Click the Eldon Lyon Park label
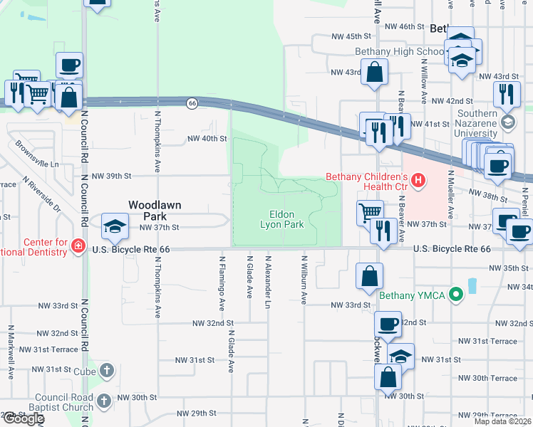click(x=286, y=219)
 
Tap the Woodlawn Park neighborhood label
click(x=155, y=210)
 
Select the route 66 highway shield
click(x=192, y=103)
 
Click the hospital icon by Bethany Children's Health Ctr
click(x=418, y=182)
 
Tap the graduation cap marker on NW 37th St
click(x=114, y=227)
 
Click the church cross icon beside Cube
click(x=106, y=371)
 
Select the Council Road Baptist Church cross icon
click(x=104, y=401)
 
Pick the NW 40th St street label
click(x=207, y=139)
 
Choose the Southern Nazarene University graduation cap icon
click(x=507, y=122)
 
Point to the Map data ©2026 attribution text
click(x=502, y=421)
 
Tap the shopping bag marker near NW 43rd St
click(x=374, y=72)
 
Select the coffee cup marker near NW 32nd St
click(x=388, y=324)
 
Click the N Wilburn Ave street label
click(x=304, y=280)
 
